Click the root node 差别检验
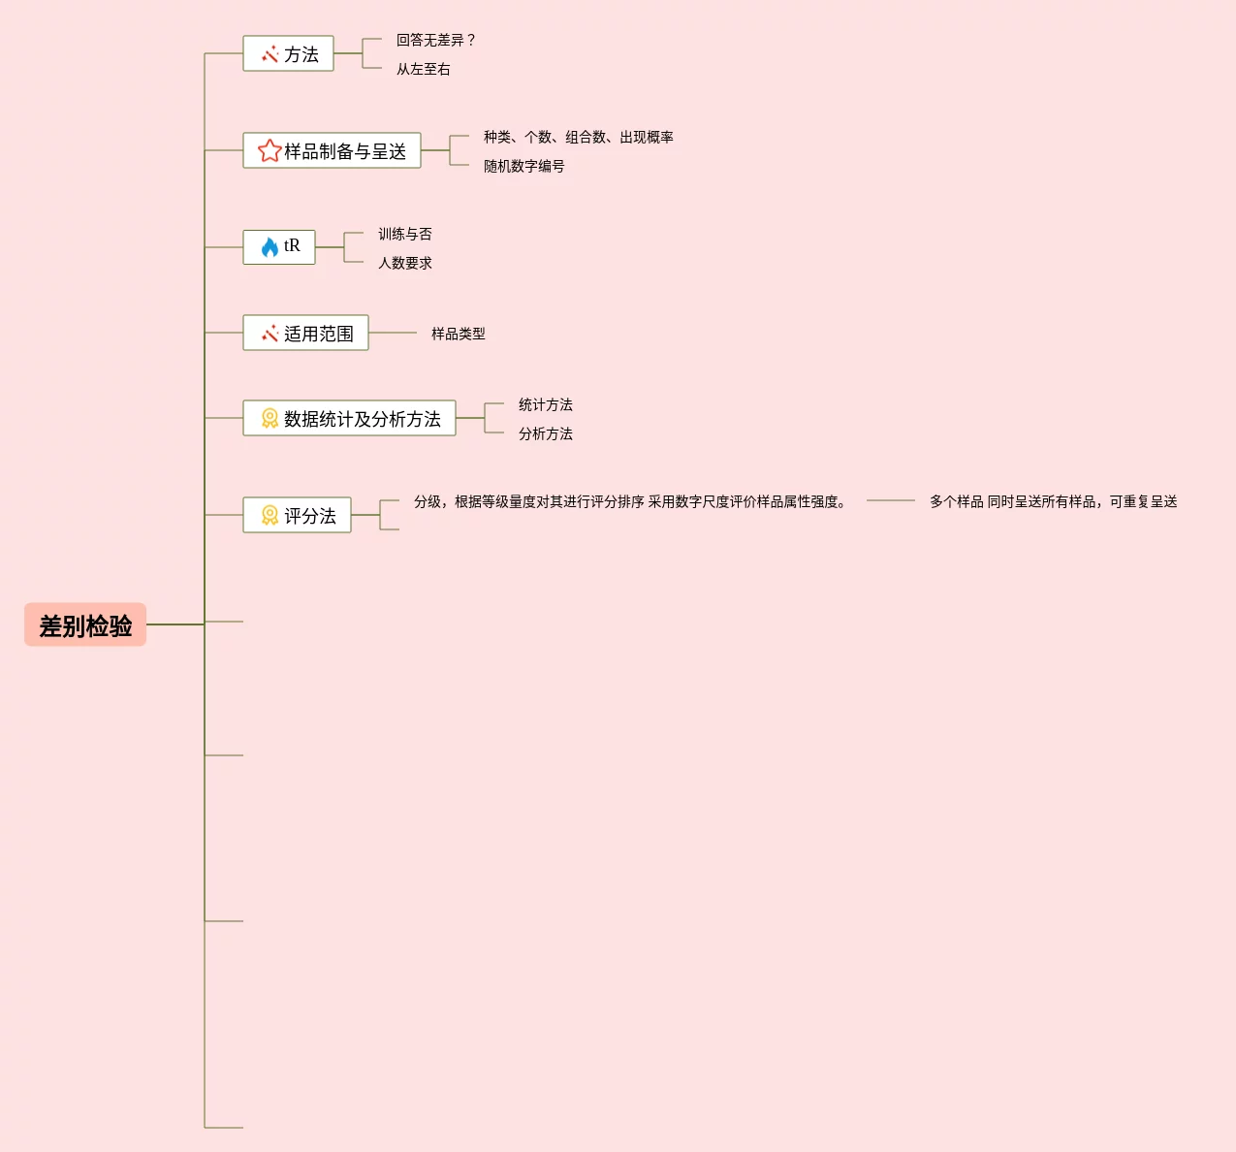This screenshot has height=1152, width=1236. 85,625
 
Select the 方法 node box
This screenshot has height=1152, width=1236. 288,54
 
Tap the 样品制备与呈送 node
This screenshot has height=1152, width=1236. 332,151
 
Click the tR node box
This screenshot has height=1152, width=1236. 279,247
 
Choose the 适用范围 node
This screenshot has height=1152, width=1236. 305,334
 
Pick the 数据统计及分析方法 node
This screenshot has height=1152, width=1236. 349,419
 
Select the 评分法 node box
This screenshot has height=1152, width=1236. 297,516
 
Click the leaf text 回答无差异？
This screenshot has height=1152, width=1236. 436,41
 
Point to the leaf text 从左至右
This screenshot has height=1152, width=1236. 424,70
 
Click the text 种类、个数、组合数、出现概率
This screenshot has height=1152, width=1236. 579,138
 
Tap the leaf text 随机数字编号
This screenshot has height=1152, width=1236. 524,167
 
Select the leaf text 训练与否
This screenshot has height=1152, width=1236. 405,235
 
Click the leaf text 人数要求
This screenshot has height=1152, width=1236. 405,264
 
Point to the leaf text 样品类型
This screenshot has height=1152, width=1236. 459,335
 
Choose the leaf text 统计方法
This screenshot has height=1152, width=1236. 546,405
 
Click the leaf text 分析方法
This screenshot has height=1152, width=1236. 546,434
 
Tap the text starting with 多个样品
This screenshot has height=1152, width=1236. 1054,502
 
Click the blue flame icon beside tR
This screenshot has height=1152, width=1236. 269,247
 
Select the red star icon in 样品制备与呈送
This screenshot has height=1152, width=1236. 269,151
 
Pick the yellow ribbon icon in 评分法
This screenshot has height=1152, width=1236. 269,516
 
